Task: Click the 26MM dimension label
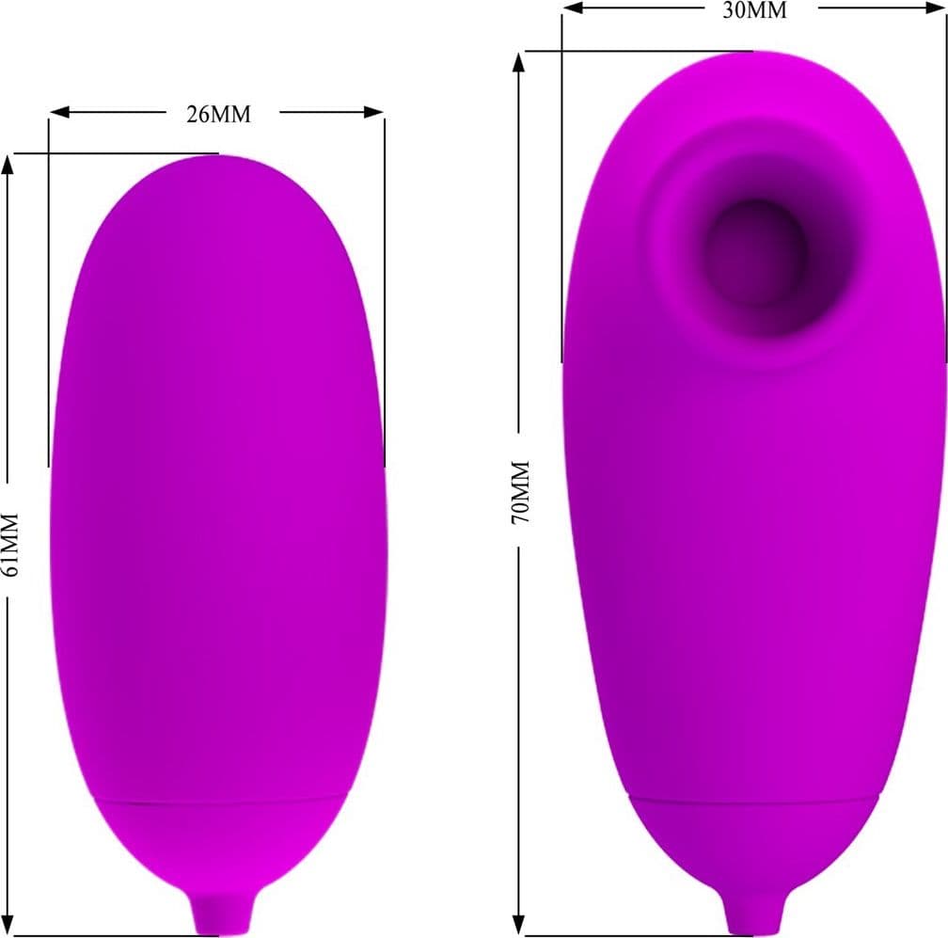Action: point(218,114)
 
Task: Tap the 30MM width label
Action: point(754,10)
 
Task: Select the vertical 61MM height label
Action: point(11,545)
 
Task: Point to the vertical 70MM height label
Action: point(520,492)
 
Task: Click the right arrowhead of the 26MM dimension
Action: point(373,112)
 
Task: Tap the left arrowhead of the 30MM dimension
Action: point(573,8)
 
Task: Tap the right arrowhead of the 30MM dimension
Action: point(935,8)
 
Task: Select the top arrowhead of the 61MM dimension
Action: point(8,165)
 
